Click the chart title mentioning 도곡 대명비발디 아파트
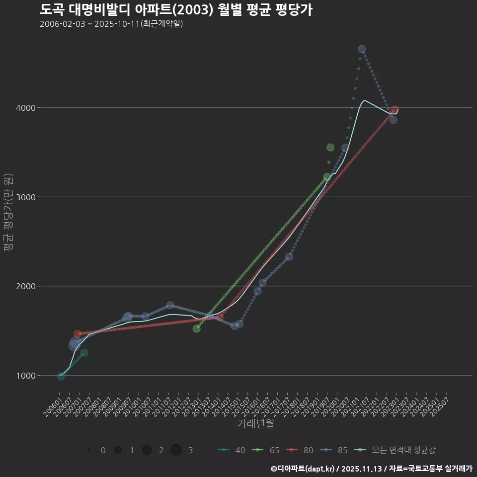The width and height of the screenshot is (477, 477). point(176,10)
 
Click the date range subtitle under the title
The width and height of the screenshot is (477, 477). point(111,24)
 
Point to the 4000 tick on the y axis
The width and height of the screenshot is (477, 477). point(26,108)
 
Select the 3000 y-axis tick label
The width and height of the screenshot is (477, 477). point(26,197)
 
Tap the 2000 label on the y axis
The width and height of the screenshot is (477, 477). point(26,286)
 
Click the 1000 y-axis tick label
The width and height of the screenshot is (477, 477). point(26,376)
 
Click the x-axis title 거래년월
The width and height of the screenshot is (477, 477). point(255,424)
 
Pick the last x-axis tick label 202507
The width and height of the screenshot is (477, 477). point(440,405)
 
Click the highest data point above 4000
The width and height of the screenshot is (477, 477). point(362,49)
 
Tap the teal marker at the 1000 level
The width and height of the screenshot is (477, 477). point(61,376)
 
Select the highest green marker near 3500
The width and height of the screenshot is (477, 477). point(330,148)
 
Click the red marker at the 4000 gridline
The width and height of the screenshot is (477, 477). point(395,109)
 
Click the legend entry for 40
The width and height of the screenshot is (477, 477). point(232,450)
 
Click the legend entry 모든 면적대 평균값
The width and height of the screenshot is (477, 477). point(397,450)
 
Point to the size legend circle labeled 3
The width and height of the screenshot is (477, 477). point(176,450)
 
